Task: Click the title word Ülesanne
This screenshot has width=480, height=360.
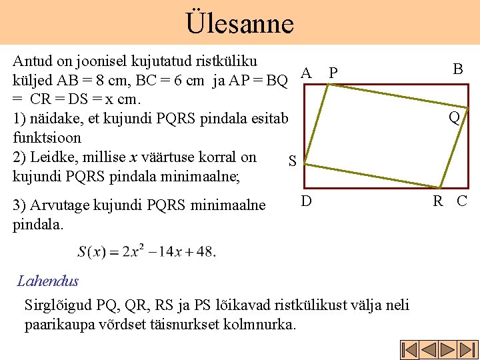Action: tap(239, 23)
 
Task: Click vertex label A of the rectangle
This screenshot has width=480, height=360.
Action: tap(306, 72)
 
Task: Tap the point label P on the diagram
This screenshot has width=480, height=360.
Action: tap(333, 73)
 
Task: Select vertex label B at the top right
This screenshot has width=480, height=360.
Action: tap(458, 69)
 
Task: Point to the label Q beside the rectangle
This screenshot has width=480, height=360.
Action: tap(454, 118)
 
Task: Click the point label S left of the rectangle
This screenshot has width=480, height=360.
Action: tap(291, 161)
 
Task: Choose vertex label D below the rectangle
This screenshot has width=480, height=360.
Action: tap(305, 199)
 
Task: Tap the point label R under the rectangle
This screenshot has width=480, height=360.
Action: tap(439, 201)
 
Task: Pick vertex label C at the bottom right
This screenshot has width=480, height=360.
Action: tap(461, 201)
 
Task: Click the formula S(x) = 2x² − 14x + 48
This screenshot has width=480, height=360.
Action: tap(147, 251)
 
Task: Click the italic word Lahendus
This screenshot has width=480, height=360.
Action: tap(48, 281)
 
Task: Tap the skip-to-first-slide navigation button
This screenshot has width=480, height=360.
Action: tap(409, 350)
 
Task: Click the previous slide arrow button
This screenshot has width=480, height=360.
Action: tap(427, 350)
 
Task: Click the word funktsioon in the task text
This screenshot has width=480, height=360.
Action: tap(47, 138)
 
